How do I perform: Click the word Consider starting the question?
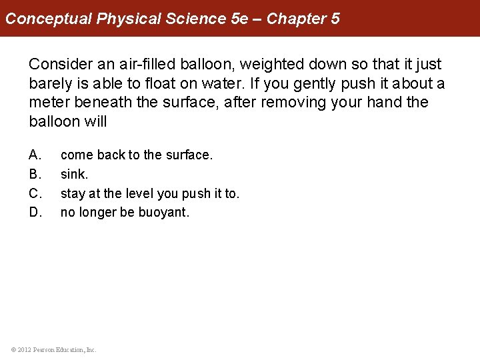click(57, 65)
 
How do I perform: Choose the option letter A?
click(35, 155)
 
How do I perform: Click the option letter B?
click(35, 175)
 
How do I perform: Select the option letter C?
click(35, 194)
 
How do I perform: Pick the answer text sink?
click(74, 175)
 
